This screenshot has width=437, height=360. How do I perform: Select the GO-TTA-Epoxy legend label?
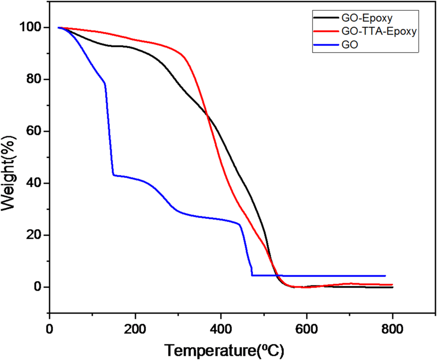click(x=378, y=31)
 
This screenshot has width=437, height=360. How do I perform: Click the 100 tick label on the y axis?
click(x=30, y=27)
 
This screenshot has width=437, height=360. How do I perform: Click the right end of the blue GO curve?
click(x=385, y=276)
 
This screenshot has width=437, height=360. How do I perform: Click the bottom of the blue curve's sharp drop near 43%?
click(x=114, y=175)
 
